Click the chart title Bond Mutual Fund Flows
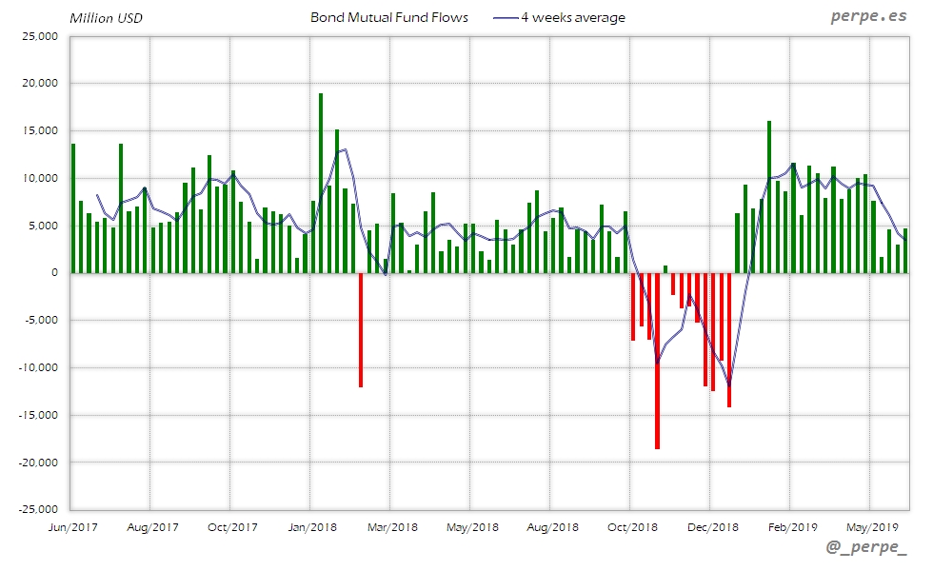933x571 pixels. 388,17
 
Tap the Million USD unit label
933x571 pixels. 106,18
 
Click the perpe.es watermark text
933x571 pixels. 868,17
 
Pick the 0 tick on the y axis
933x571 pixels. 54,273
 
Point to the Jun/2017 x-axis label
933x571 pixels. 71,526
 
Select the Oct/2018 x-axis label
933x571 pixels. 632,526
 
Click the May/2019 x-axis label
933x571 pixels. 872,526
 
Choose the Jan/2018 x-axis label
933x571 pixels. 312,526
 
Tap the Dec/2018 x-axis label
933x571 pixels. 712,526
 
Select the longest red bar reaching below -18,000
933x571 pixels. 657,362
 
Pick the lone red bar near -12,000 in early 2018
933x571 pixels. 361,329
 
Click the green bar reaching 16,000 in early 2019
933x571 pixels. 769,197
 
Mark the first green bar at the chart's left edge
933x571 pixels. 73,208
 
